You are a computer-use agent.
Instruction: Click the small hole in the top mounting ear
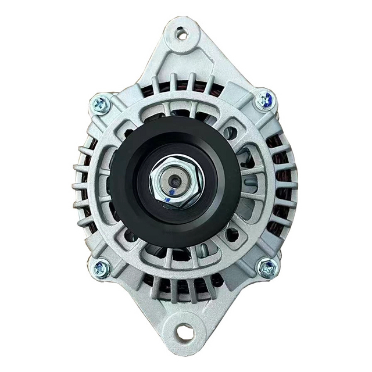point(183,34)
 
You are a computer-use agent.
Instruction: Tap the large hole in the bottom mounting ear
point(185,333)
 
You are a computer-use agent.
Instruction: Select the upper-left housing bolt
point(101,105)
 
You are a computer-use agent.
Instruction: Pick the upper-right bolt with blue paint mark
point(265,101)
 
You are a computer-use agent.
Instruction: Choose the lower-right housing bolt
point(268,267)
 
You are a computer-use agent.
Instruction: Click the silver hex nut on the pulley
point(173,181)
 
